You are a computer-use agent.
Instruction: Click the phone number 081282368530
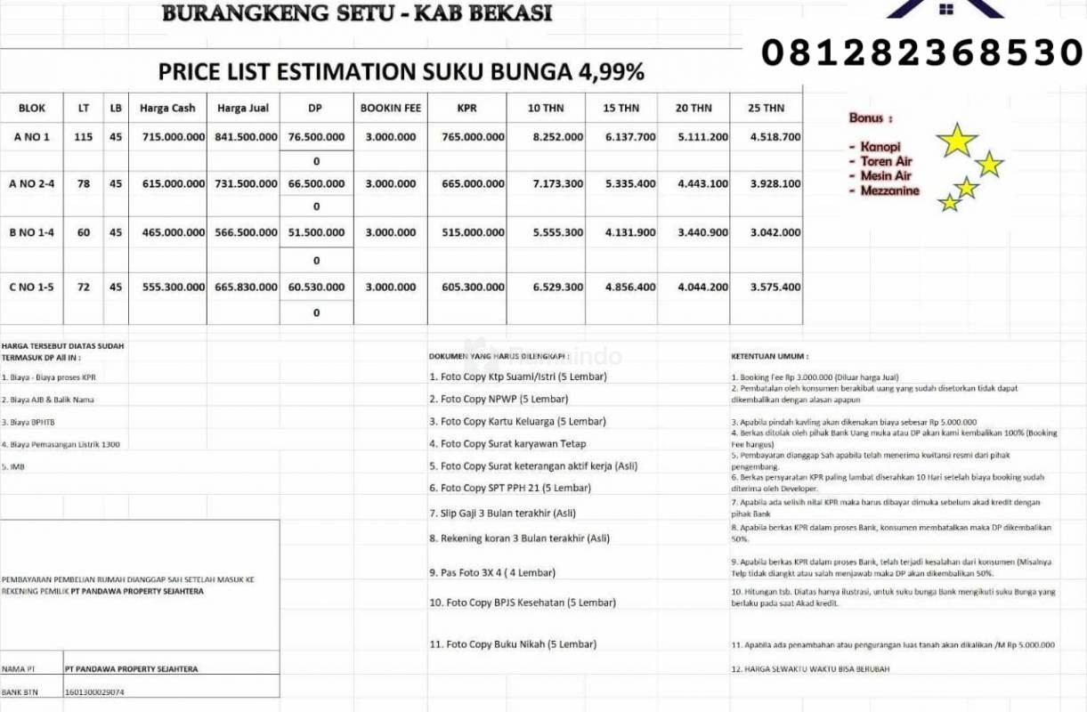coord(921,53)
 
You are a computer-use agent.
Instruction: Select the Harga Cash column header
coord(167,109)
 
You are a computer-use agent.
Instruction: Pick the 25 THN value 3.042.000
coord(775,232)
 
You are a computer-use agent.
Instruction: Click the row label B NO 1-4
coord(31,232)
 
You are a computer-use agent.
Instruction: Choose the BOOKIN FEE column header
coord(390,109)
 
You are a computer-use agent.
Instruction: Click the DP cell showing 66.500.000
coord(316,184)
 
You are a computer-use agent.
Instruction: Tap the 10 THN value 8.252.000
coord(558,137)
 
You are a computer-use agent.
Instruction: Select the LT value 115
coord(83,137)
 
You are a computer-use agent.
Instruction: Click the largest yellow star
coord(958,140)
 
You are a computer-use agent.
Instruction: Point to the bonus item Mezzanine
coord(889,190)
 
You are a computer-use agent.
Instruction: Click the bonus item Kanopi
coord(880,146)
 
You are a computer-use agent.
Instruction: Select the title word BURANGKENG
coord(245,13)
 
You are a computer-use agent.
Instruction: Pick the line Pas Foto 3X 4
coord(492,573)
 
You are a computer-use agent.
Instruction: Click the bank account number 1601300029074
coord(94,692)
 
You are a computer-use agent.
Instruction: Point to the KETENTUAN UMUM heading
coord(762,356)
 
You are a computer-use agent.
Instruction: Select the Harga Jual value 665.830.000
coord(246,287)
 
